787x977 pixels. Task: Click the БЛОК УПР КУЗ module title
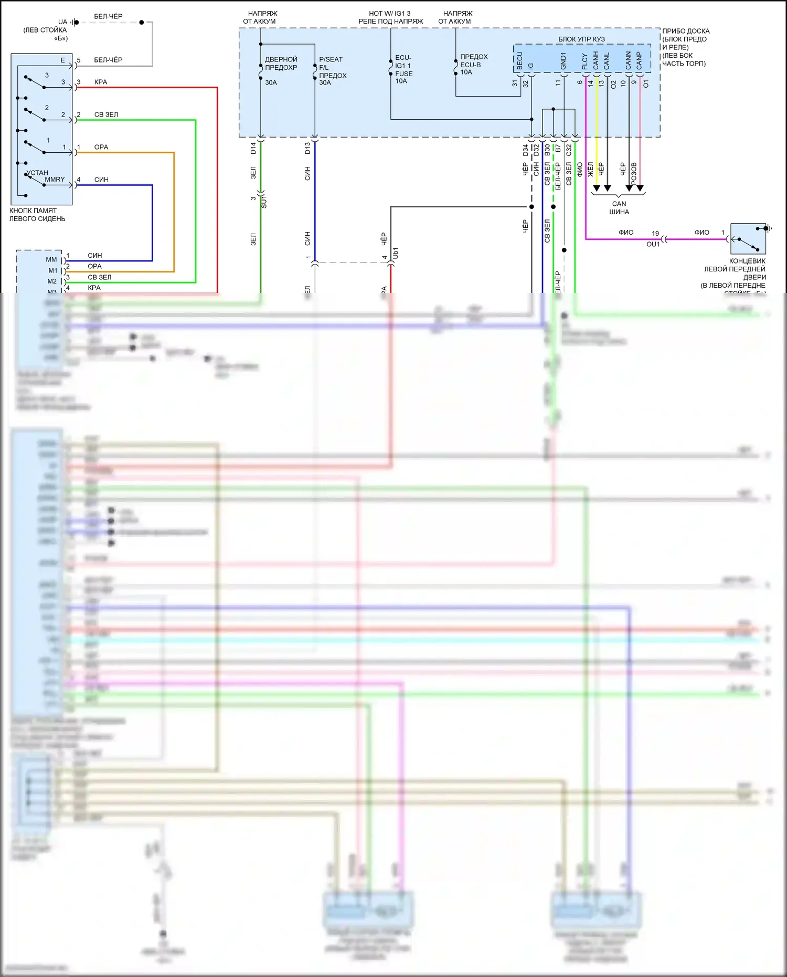581,39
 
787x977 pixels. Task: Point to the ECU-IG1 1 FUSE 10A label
403,69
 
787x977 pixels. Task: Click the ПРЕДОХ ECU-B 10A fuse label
473,65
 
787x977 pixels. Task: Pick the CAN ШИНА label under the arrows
619,208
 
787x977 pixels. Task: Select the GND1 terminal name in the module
563,60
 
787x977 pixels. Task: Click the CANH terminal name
596,60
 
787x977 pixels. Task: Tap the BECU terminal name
520,60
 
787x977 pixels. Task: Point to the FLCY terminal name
585,61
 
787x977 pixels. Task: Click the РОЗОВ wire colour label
634,173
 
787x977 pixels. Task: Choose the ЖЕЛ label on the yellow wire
590,169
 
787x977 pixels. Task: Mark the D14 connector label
253,148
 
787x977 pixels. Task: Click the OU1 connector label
653,245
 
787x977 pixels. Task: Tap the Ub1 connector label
396,253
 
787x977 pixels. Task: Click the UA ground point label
62,22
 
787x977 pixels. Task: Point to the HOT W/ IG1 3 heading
390,14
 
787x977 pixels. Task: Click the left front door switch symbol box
748,239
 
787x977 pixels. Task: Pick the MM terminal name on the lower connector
51,259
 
